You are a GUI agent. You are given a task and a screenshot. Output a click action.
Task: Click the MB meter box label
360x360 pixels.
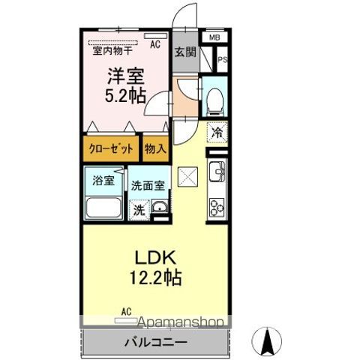214,37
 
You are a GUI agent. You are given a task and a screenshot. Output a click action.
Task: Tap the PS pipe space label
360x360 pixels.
223,60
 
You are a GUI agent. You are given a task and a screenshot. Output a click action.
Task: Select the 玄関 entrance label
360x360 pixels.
185,52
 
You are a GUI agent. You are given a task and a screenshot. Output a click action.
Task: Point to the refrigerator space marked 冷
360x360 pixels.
217,133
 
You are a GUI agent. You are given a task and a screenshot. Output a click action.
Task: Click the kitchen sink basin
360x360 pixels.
217,172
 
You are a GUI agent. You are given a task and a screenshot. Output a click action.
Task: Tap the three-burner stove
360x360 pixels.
217,208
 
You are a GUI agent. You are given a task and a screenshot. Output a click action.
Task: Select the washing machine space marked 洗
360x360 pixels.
139,210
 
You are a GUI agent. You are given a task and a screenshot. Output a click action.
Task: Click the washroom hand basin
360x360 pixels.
160,207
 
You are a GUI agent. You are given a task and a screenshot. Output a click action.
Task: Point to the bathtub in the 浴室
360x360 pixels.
103,208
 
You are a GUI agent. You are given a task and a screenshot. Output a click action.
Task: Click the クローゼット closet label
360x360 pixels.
111,149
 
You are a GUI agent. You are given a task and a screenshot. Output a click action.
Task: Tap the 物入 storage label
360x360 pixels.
155,149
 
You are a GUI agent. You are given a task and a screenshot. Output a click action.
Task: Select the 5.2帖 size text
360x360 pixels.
125,96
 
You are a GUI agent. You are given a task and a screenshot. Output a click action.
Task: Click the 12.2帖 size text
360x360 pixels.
155,277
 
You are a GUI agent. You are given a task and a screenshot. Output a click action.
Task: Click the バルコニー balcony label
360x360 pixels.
155,342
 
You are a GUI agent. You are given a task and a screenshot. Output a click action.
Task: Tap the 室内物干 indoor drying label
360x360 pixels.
112,51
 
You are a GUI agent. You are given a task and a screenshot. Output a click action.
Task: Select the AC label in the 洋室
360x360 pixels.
155,44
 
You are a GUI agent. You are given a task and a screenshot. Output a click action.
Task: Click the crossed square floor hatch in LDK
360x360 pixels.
187,177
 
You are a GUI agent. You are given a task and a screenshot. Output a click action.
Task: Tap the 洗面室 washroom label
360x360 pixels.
148,186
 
